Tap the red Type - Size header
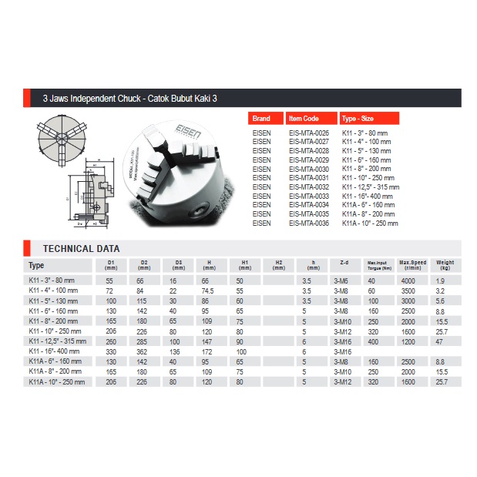(x=369, y=119)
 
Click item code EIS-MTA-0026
(x=309, y=133)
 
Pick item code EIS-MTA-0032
(x=309, y=187)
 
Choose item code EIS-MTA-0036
(x=309, y=223)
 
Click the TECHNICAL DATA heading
(x=81, y=249)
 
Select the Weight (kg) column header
(x=445, y=264)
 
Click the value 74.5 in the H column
(x=208, y=291)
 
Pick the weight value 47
(x=441, y=340)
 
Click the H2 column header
(x=278, y=264)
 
